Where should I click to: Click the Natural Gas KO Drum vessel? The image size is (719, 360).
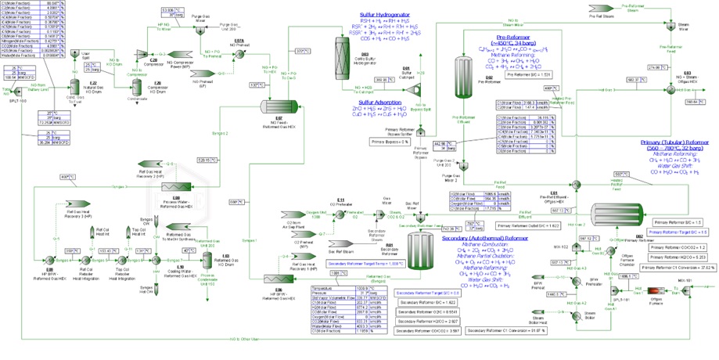tap(73, 106)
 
